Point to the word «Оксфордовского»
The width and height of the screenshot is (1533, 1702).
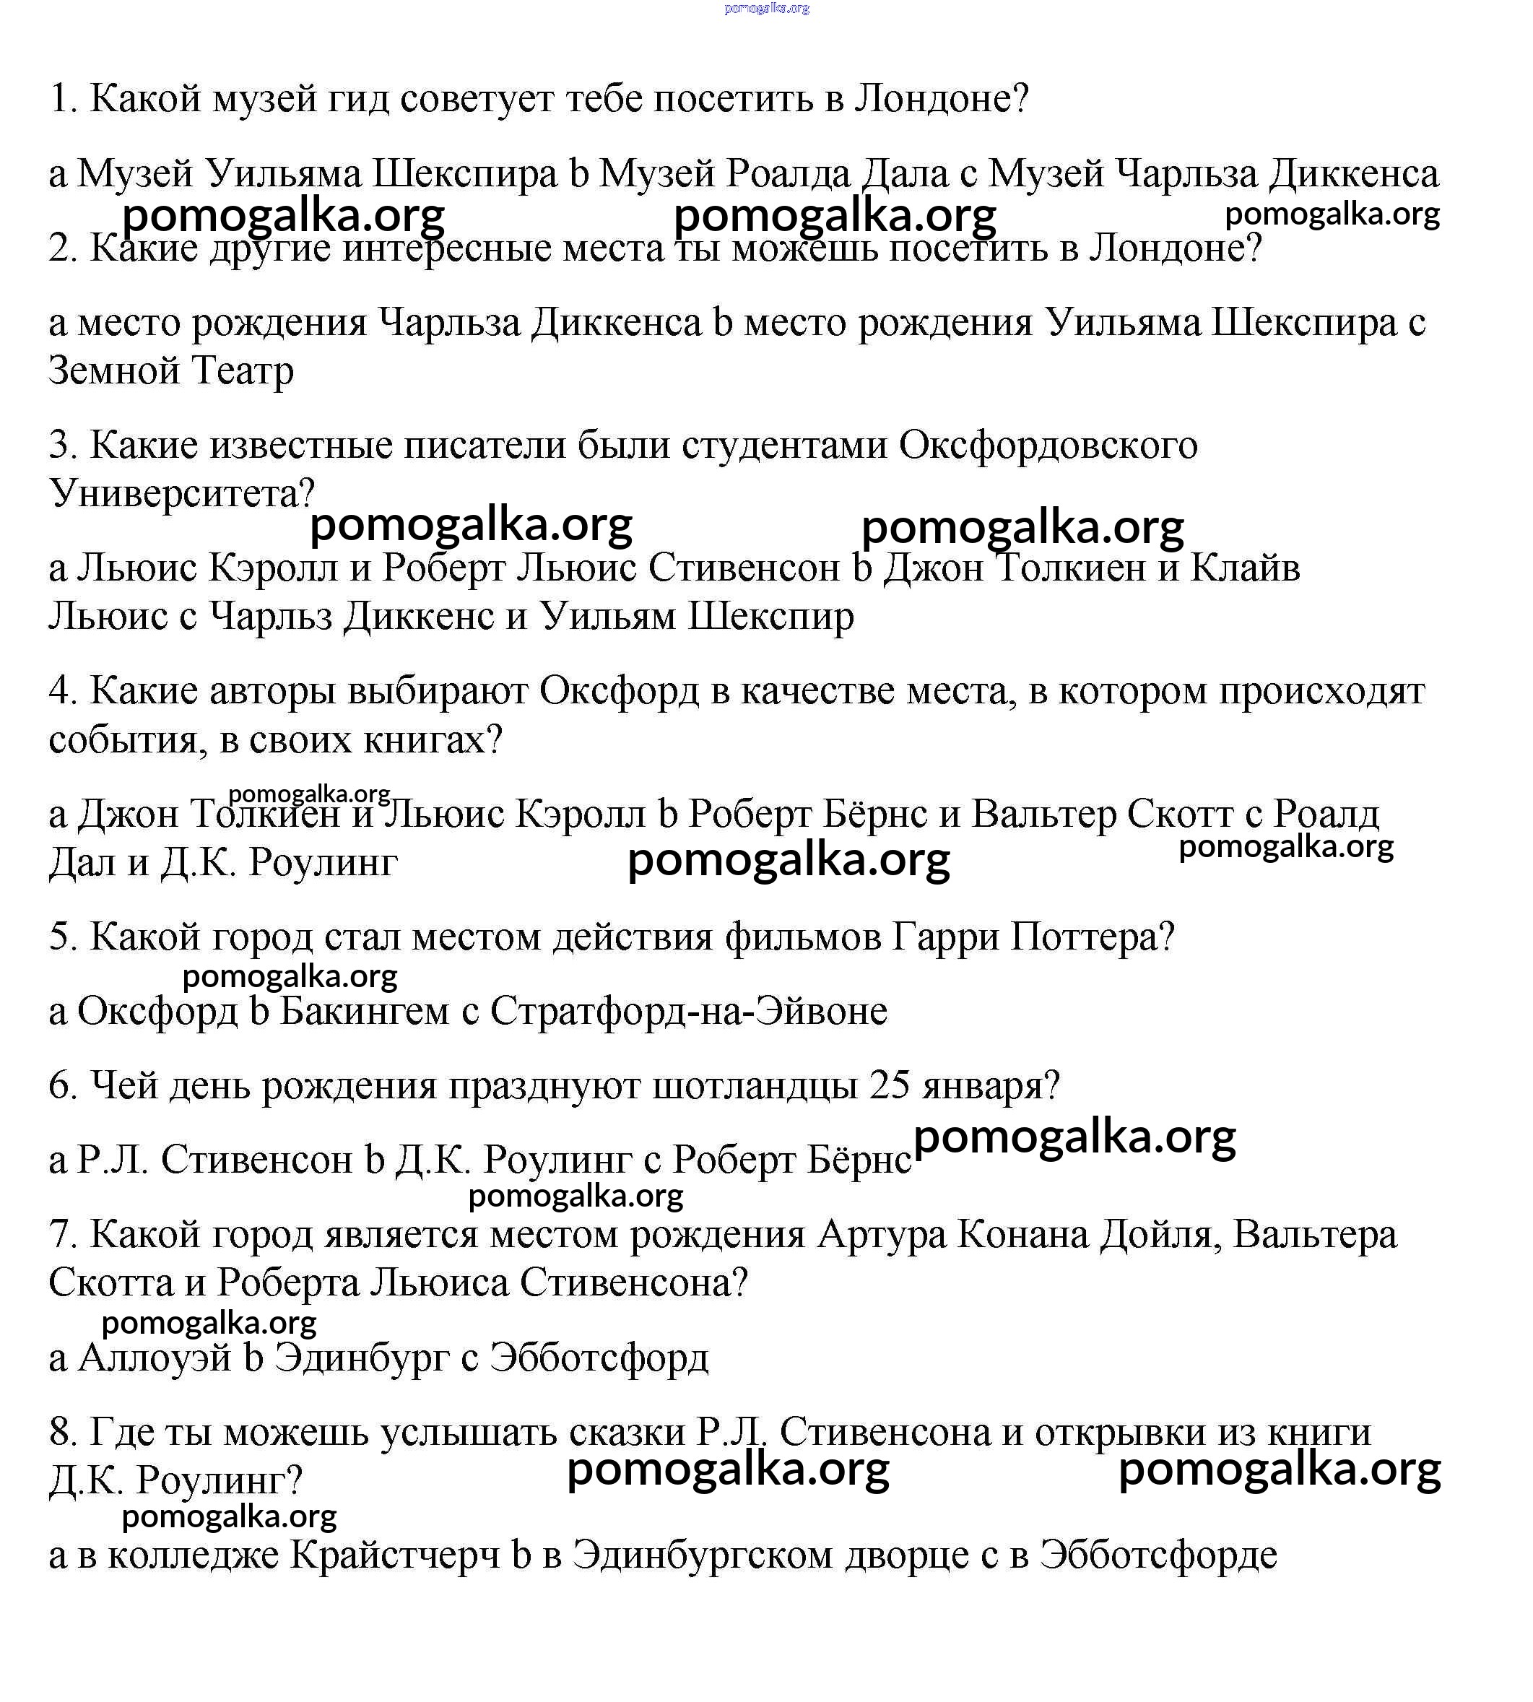pyautogui.click(x=1048, y=445)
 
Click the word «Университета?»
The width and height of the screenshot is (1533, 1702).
pyautogui.click(x=182, y=493)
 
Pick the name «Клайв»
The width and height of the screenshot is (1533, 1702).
pyautogui.click(x=1245, y=568)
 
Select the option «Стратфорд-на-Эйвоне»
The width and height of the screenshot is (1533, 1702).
pyautogui.click(x=689, y=1012)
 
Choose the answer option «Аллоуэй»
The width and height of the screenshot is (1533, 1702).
pyautogui.click(x=154, y=1358)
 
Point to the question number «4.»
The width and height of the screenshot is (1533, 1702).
pyautogui.click(x=63, y=691)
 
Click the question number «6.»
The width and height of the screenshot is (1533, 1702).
pyautogui.click(x=63, y=1085)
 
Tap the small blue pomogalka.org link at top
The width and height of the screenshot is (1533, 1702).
pyautogui.click(x=767, y=9)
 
